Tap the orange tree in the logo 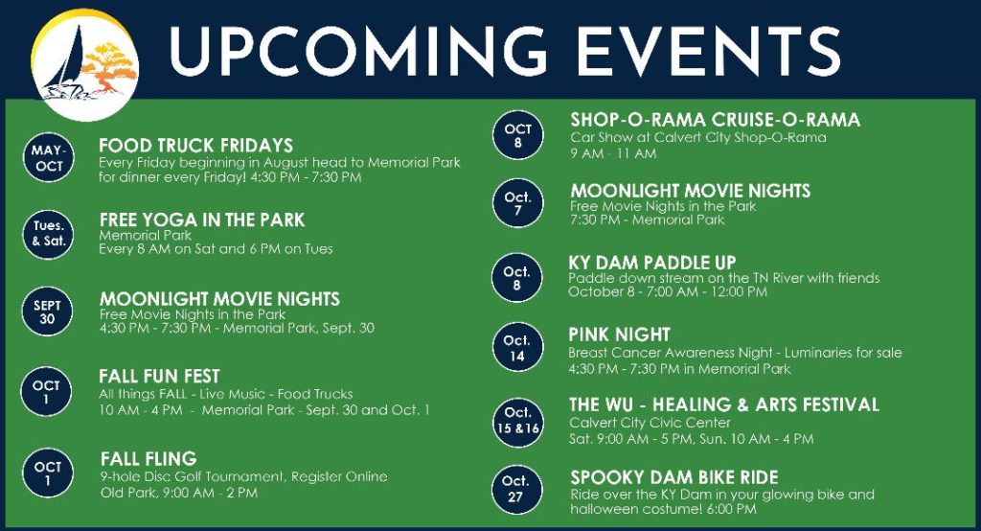[x=109, y=68]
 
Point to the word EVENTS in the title [x=708, y=52]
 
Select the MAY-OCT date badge [x=48, y=158]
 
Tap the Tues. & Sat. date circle [x=48, y=234]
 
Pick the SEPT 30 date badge [x=47, y=312]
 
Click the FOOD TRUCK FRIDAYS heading [x=195, y=146]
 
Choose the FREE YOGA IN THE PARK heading [x=202, y=219]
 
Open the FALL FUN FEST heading [x=160, y=377]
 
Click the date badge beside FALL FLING [x=47, y=473]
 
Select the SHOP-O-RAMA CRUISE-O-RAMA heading [x=715, y=120]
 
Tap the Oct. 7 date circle [x=517, y=203]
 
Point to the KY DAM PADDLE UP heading [x=651, y=263]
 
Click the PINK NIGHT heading [x=620, y=335]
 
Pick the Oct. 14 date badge [x=516, y=347]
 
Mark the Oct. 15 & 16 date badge [x=516, y=421]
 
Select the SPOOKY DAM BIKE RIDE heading [x=674, y=477]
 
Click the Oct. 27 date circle [x=515, y=489]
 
